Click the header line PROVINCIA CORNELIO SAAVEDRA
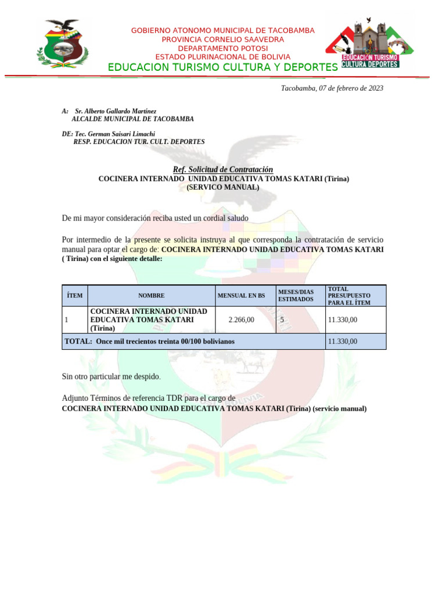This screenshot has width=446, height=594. coord(223,39)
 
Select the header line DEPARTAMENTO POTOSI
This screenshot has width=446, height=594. coord(223,48)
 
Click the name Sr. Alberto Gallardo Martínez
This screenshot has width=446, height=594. coord(116,110)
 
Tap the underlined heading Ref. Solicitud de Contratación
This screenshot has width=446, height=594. coord(223,169)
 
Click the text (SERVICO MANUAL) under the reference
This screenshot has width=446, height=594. coord(223,187)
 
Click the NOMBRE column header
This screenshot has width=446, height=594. coord(151,296)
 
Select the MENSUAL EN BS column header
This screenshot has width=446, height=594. coord(241,296)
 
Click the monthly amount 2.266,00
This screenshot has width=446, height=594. coord(242,320)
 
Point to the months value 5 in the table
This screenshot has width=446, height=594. coord(282,320)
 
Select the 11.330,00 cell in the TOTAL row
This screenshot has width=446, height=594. coord(343,341)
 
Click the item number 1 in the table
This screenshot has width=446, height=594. coord(67,320)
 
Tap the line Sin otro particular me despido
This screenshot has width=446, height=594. coord(111,376)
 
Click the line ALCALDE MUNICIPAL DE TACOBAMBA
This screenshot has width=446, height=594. coord(132,119)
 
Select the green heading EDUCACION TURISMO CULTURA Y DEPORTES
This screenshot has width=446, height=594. coord(222,68)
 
